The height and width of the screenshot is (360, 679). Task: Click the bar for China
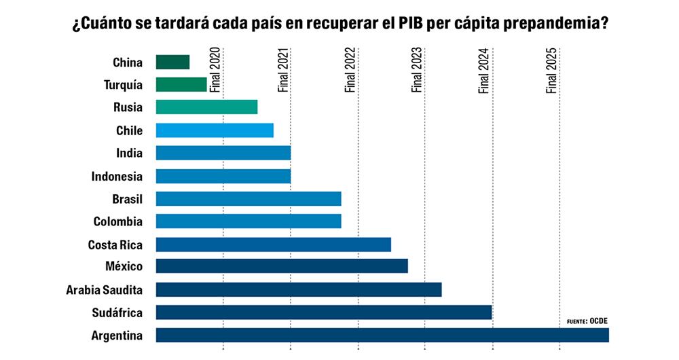(172, 62)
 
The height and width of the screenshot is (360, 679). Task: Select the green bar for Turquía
(181, 85)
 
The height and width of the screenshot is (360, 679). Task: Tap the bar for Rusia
(206, 107)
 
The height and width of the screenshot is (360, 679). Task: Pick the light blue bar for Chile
(215, 130)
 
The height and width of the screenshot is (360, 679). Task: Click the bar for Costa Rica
(273, 245)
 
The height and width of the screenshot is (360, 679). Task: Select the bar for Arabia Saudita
(299, 290)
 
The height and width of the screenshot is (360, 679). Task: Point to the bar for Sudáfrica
(323, 312)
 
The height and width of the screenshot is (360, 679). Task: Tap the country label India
(129, 154)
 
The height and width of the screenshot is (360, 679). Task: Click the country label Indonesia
(117, 177)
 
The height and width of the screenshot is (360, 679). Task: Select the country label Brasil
(127, 199)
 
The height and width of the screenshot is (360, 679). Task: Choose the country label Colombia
(117, 221)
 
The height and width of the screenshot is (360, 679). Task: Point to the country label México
(124, 266)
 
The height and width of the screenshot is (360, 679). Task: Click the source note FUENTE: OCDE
(587, 321)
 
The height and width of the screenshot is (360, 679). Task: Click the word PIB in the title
(432, 24)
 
